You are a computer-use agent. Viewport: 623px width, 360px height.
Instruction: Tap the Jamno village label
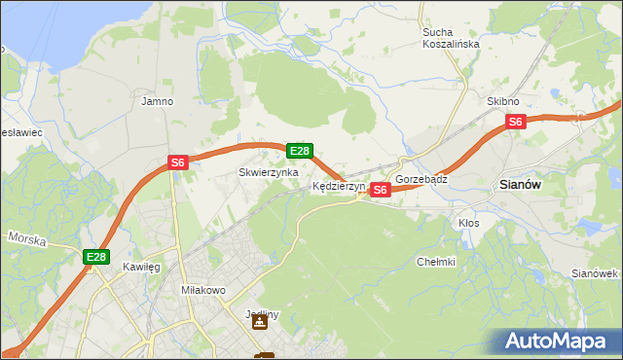tap(157, 101)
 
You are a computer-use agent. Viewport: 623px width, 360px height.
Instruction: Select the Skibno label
tap(503, 101)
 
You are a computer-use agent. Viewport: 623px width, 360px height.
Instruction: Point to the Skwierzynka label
tap(269, 172)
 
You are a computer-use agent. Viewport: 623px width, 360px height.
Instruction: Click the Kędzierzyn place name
tap(338, 186)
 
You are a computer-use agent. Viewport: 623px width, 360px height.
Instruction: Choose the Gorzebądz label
tap(421, 180)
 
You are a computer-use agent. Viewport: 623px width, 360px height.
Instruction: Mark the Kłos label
tap(468, 223)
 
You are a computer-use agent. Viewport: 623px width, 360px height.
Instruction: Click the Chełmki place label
tap(436, 261)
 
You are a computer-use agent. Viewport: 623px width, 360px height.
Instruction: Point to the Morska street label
tap(26, 237)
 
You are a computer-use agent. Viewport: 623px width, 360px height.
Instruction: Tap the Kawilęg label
tap(141, 266)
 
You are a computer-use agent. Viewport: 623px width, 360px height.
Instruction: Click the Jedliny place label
tap(262, 314)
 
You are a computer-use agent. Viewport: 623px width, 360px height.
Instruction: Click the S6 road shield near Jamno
tap(177, 163)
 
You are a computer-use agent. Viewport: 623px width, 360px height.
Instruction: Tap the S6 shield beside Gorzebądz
tap(381, 190)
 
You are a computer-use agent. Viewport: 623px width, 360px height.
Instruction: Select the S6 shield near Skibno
tap(516, 122)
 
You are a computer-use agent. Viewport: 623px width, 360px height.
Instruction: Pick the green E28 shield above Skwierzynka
tap(300, 151)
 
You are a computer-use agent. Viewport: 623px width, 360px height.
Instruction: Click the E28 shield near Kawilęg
tap(95, 257)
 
